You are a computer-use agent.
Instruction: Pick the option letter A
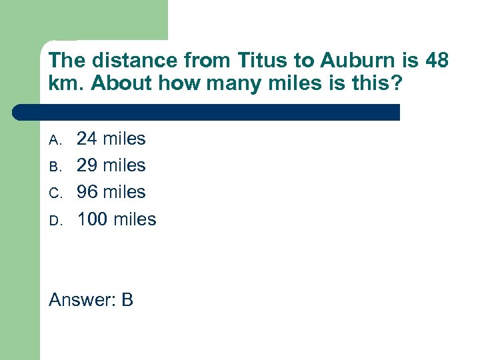click(55, 140)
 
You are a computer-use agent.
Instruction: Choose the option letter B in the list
click(55, 167)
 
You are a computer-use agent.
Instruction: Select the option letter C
click(55, 193)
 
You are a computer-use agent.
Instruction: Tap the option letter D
click(55, 220)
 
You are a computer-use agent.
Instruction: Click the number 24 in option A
click(87, 139)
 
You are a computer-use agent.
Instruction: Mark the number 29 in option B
click(87, 165)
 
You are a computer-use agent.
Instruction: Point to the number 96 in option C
click(87, 192)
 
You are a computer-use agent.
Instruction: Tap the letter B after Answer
click(127, 300)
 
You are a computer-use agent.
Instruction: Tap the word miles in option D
click(135, 219)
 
